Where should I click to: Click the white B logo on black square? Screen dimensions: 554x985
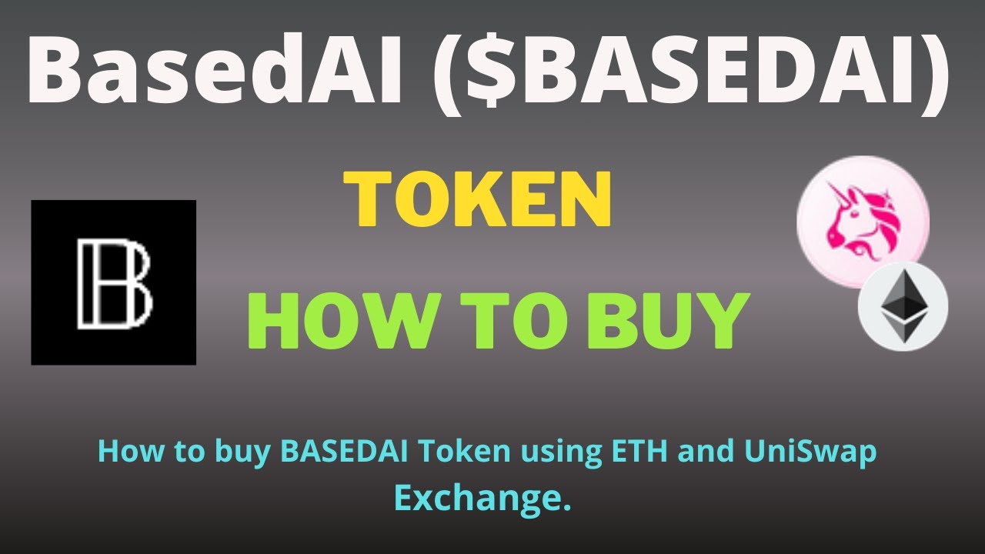click(x=114, y=282)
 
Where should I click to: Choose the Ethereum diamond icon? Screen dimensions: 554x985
click(x=903, y=306)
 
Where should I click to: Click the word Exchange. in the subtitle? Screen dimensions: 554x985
click(x=483, y=498)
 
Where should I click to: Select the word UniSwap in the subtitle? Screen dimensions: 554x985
click(x=810, y=452)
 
